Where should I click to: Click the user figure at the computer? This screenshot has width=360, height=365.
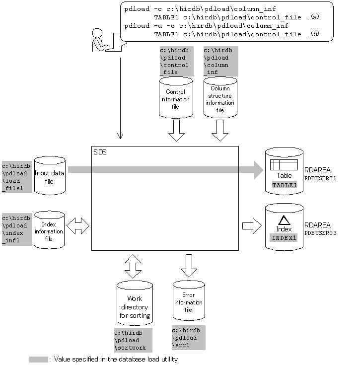pyautogui.click(x=102, y=41)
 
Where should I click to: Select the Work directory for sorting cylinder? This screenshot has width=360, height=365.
pyautogui.click(x=135, y=302)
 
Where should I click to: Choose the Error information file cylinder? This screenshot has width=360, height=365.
pyautogui.click(x=188, y=300)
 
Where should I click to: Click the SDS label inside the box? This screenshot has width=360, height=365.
pyautogui.click(x=99, y=151)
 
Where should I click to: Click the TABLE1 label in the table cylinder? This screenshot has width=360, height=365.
pyautogui.click(x=284, y=185)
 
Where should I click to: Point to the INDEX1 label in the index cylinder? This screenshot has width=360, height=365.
pyautogui.click(x=284, y=237)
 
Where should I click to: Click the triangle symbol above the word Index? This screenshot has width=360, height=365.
pyautogui.click(x=284, y=220)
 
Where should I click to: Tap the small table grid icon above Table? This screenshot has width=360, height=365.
pyautogui.click(x=284, y=165)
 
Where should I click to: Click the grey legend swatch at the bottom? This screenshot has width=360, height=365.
pyautogui.click(x=39, y=359)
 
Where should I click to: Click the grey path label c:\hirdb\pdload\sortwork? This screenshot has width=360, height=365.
pyautogui.click(x=133, y=340)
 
